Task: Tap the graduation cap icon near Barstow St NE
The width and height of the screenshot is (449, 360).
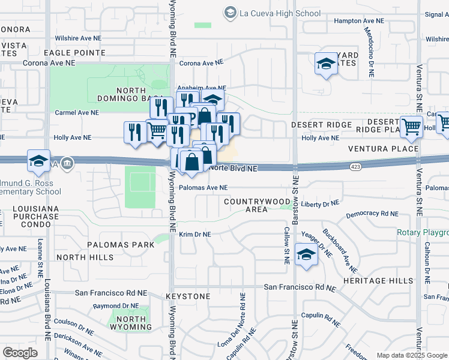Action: pos(306,256)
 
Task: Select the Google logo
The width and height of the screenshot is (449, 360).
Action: pos(20,353)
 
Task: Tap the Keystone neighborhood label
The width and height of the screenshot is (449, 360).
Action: pos(188,296)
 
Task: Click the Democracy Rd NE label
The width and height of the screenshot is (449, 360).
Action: pos(372,214)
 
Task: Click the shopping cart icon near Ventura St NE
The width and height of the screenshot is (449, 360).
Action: pos(411,127)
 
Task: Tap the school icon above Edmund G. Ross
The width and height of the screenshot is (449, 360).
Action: pos(38,161)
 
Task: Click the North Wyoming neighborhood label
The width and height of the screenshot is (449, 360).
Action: pos(130,323)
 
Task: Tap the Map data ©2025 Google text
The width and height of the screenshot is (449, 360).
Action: pos(411,355)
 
